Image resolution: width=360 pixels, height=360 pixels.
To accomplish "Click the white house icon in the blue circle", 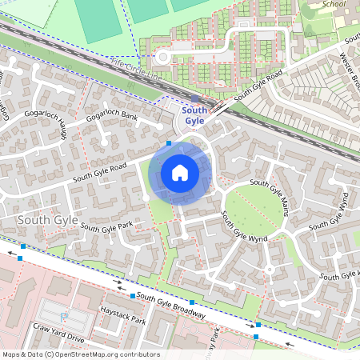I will click(x=180, y=172).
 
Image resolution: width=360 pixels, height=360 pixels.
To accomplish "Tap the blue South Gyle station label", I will click(x=194, y=115).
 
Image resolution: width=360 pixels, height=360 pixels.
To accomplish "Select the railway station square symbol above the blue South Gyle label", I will click(x=194, y=98).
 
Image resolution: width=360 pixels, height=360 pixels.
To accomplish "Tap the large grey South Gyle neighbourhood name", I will click(x=46, y=219).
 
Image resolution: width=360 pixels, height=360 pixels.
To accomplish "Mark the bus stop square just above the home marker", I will click(x=169, y=144).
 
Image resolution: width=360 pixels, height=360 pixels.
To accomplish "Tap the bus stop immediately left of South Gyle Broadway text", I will click(x=133, y=296).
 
